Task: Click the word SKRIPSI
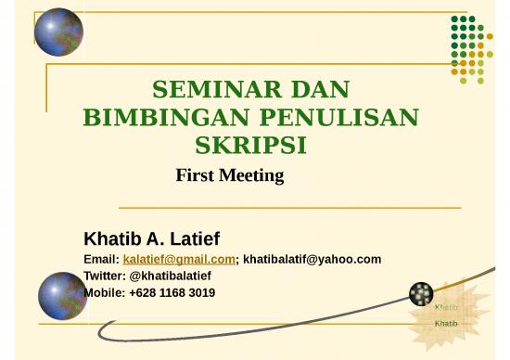pyautogui.click(x=251, y=147)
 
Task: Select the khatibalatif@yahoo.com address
pyautogui.click(x=312, y=259)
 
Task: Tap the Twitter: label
pyautogui.click(x=106, y=276)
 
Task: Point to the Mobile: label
pyautogui.click(x=104, y=292)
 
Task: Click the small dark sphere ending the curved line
pyautogui.click(x=421, y=294)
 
